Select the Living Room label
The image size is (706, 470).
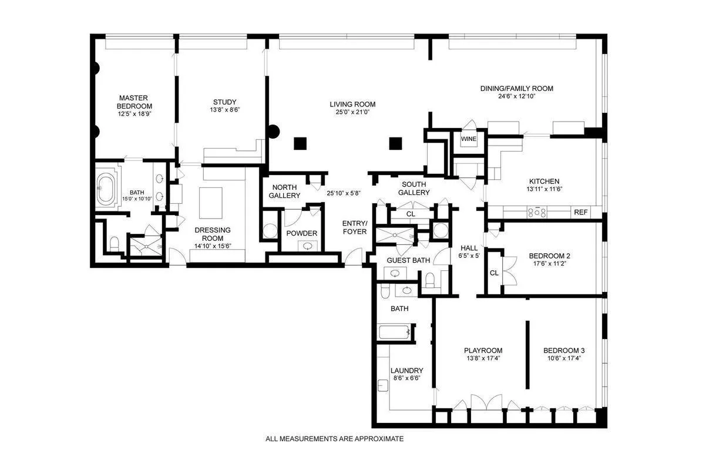point(352,105)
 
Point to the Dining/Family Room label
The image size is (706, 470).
point(516,89)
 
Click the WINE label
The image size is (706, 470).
point(468,139)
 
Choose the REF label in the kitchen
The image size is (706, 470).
point(581,213)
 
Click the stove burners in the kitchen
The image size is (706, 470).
point(537,213)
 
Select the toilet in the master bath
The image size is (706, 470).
point(115,242)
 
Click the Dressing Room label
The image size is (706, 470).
point(213,234)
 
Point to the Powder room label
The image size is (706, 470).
point(302,233)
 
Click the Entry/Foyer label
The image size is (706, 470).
point(355,227)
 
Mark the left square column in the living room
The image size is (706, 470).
point(301,142)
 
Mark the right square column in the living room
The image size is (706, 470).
point(395,142)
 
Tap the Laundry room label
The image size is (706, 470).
point(406,371)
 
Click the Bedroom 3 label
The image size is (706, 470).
point(564,351)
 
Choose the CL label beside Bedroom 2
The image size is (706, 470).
point(494,273)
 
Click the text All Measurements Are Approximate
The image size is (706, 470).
point(335,439)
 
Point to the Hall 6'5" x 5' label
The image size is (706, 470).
point(469,252)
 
